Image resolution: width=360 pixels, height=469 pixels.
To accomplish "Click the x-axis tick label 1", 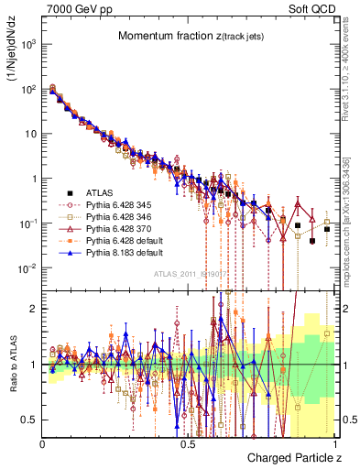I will coord(336,443).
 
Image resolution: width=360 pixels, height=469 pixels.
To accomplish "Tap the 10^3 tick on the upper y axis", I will coord(28,43).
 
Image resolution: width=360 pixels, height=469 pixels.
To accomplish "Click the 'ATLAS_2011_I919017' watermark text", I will coord(190,273).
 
